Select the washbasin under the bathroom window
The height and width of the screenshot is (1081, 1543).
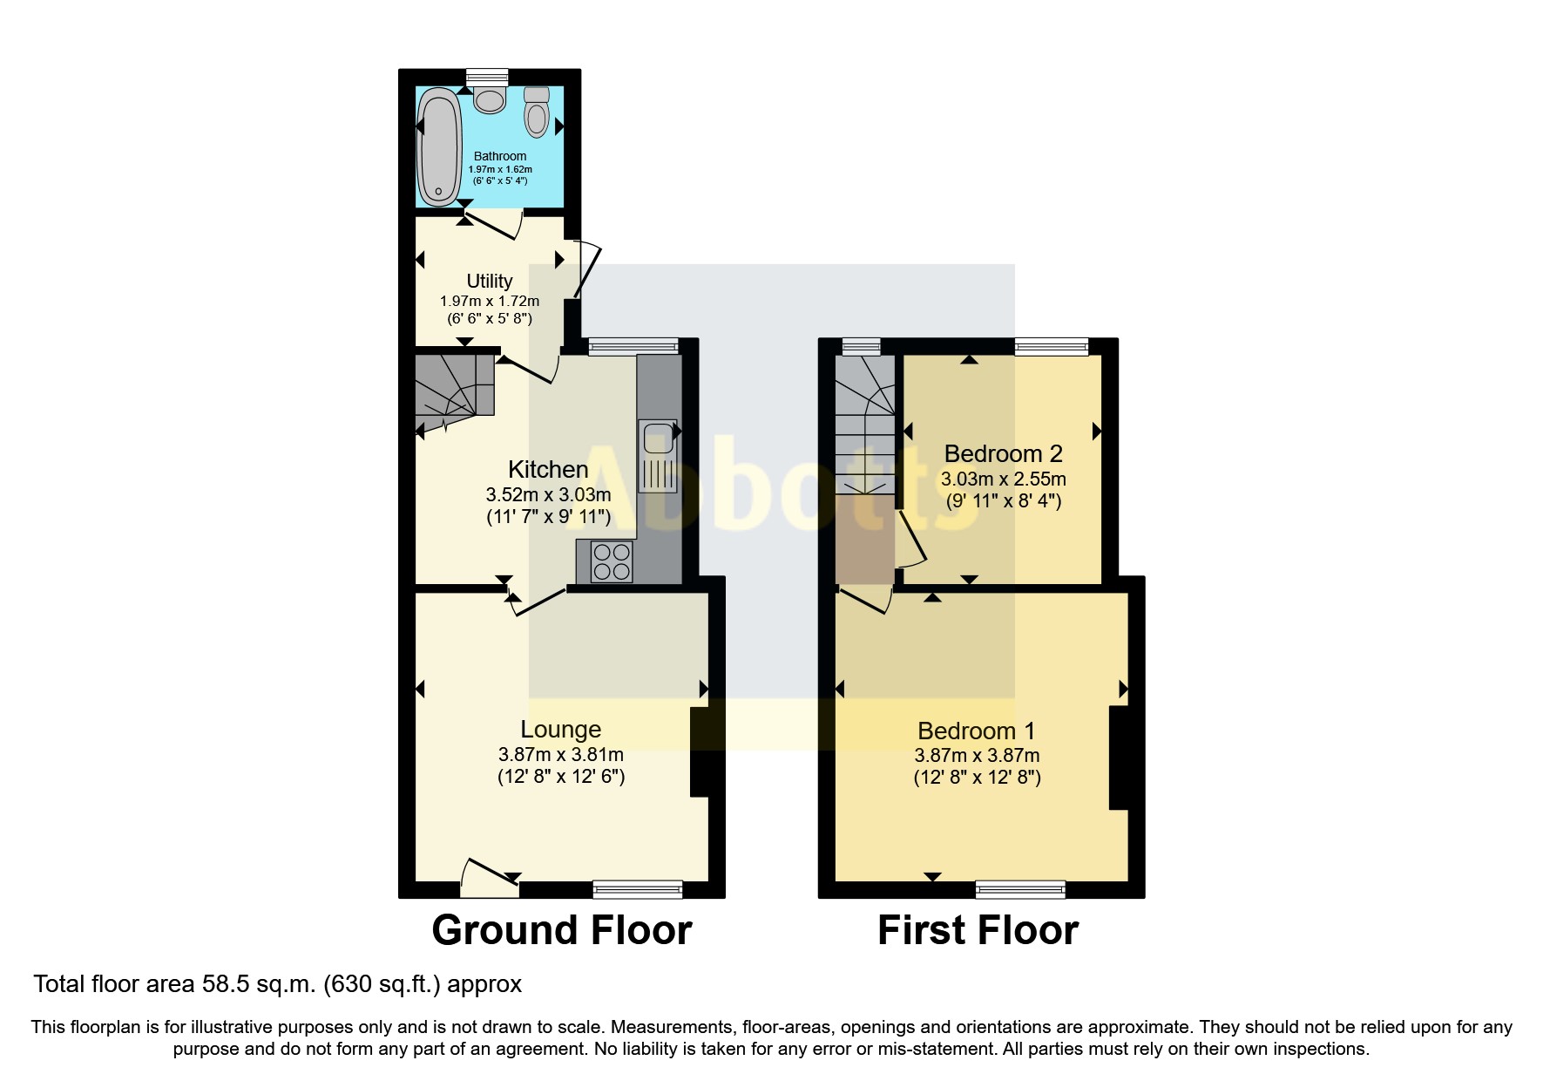click(490, 99)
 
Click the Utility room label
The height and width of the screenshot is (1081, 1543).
click(490, 281)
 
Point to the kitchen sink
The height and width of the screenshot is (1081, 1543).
click(656, 436)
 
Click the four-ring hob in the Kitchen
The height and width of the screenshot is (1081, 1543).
click(612, 561)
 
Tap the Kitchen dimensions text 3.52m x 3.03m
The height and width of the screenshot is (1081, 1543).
click(548, 494)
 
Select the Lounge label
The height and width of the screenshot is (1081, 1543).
click(561, 730)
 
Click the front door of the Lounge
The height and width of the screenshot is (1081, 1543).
click(490, 879)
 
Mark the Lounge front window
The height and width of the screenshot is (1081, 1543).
click(637, 889)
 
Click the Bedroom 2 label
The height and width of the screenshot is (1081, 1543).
click(1003, 453)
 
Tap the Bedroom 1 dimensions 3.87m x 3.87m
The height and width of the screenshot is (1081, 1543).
click(977, 756)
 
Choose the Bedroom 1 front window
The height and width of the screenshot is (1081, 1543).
click(1020, 889)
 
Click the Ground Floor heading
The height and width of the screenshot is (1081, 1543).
click(561, 930)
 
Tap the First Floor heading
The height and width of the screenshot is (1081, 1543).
click(978, 930)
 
